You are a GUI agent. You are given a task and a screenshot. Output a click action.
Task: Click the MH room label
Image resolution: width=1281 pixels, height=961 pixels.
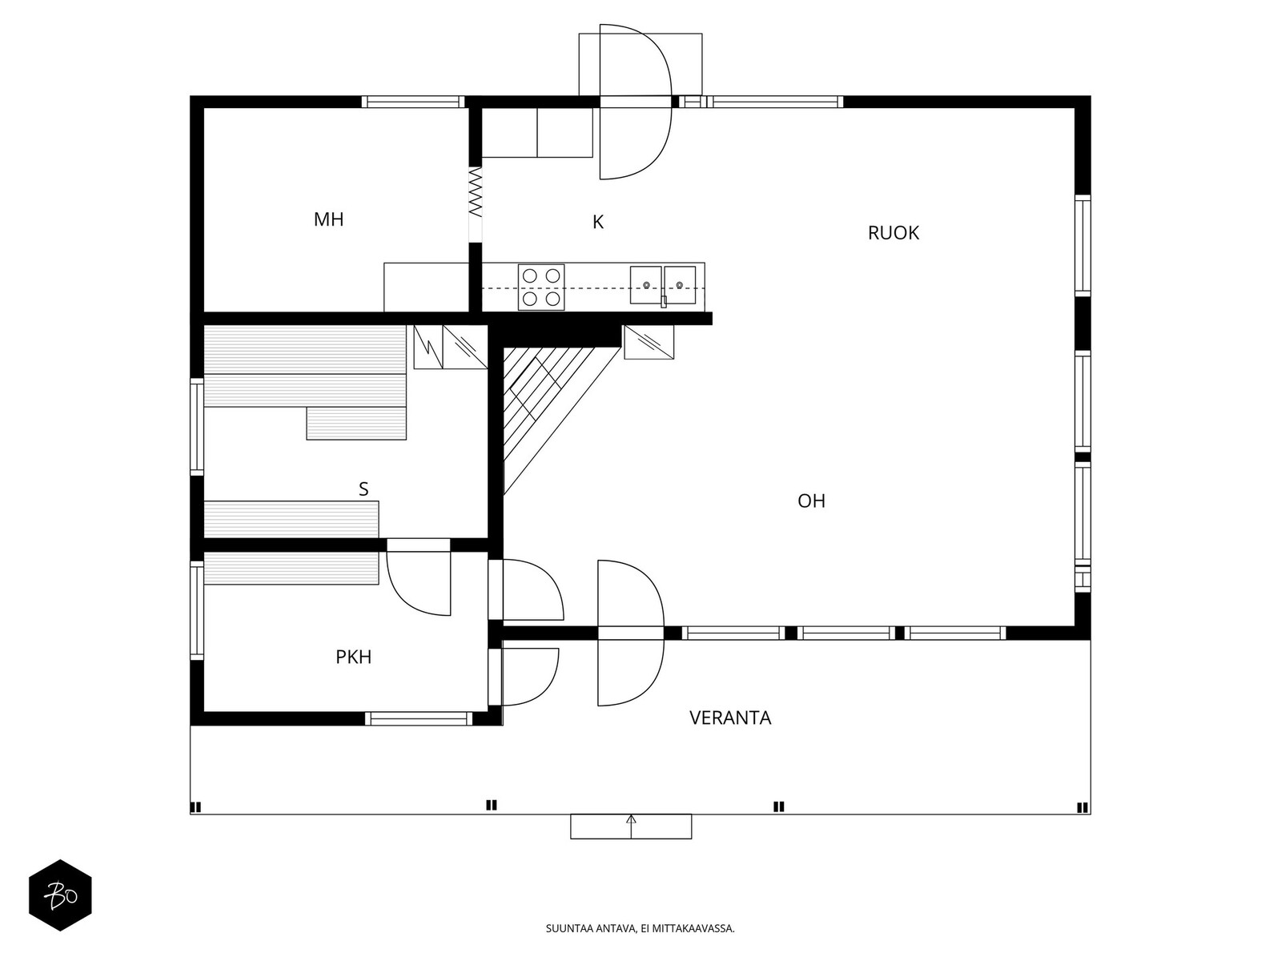click(x=328, y=219)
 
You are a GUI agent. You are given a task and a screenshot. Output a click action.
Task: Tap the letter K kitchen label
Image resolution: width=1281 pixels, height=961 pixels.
click(x=597, y=223)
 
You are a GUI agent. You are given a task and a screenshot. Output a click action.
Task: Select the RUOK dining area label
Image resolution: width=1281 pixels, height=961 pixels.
click(x=893, y=233)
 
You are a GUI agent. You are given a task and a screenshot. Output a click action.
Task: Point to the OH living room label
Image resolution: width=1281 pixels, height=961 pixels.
click(x=811, y=501)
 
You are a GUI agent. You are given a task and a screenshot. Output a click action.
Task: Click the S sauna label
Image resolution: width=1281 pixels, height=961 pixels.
click(x=363, y=489)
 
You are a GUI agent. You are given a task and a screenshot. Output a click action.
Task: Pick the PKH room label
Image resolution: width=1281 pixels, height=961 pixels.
click(x=353, y=657)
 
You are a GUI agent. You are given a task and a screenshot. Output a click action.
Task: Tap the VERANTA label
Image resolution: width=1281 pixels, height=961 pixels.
click(x=730, y=718)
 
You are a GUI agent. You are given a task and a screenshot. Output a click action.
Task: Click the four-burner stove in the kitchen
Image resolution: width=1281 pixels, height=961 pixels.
click(x=540, y=287)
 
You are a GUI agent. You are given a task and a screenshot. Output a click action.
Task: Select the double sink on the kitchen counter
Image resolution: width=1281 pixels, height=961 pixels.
click(x=662, y=286)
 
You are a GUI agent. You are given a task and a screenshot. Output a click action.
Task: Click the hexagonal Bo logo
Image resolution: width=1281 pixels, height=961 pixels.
click(x=60, y=895)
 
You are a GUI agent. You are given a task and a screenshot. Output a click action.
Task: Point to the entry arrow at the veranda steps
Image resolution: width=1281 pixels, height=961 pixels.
click(x=631, y=820)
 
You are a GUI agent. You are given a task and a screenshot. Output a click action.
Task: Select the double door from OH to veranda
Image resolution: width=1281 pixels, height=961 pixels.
click(x=631, y=633)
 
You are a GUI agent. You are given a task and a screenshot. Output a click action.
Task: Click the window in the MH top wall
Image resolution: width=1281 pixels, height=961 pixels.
click(x=413, y=102)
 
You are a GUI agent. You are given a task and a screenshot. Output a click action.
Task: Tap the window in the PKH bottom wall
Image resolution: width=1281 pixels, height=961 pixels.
click(x=420, y=718)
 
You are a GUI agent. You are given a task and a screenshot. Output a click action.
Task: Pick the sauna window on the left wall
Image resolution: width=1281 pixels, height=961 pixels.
click(x=196, y=426)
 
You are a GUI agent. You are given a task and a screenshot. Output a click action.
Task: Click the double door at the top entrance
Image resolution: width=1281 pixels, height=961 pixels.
click(x=635, y=102)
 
